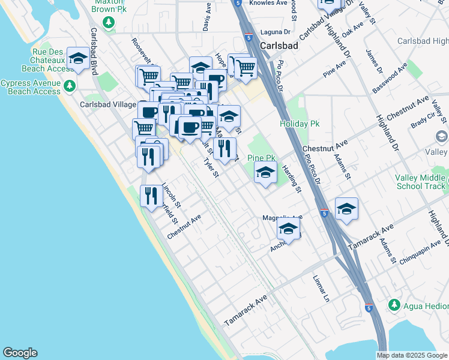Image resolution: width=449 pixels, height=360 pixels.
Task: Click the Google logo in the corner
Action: point(20,353)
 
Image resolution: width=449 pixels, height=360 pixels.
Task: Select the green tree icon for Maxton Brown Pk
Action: point(109,23)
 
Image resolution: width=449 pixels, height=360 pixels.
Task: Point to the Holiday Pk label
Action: point(300,124)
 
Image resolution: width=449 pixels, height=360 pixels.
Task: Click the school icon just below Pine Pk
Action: point(265,173)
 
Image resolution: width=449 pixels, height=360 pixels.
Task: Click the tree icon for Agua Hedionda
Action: point(394,305)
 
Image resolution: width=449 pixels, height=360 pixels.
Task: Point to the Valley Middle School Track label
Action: point(420,182)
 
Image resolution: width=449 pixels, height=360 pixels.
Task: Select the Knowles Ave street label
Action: point(267,3)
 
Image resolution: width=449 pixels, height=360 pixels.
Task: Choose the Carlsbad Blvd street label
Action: point(94,51)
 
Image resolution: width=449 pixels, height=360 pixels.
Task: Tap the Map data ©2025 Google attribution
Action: point(412,355)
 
